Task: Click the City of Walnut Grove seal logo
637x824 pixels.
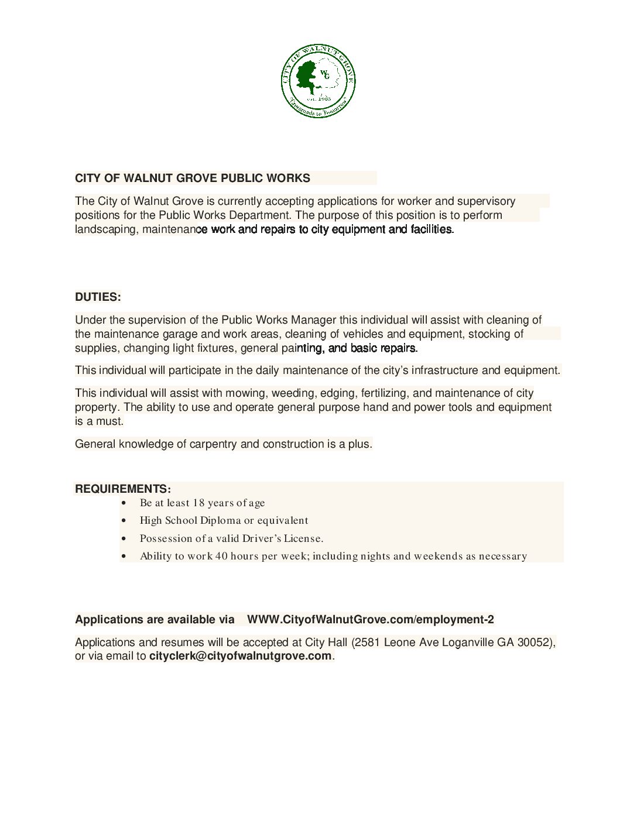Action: point(318,81)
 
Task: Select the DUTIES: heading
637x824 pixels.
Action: point(98,297)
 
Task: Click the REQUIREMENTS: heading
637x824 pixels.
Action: point(122,489)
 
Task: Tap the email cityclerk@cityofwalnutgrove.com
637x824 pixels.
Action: point(240,656)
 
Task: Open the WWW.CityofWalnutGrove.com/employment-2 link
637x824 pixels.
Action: point(370,620)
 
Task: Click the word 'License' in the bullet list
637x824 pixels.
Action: point(303,538)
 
